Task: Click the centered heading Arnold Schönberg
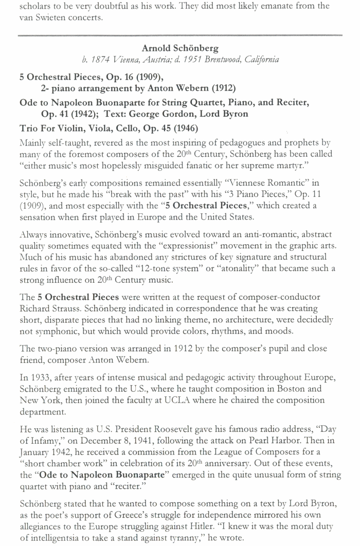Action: pos(179,49)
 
